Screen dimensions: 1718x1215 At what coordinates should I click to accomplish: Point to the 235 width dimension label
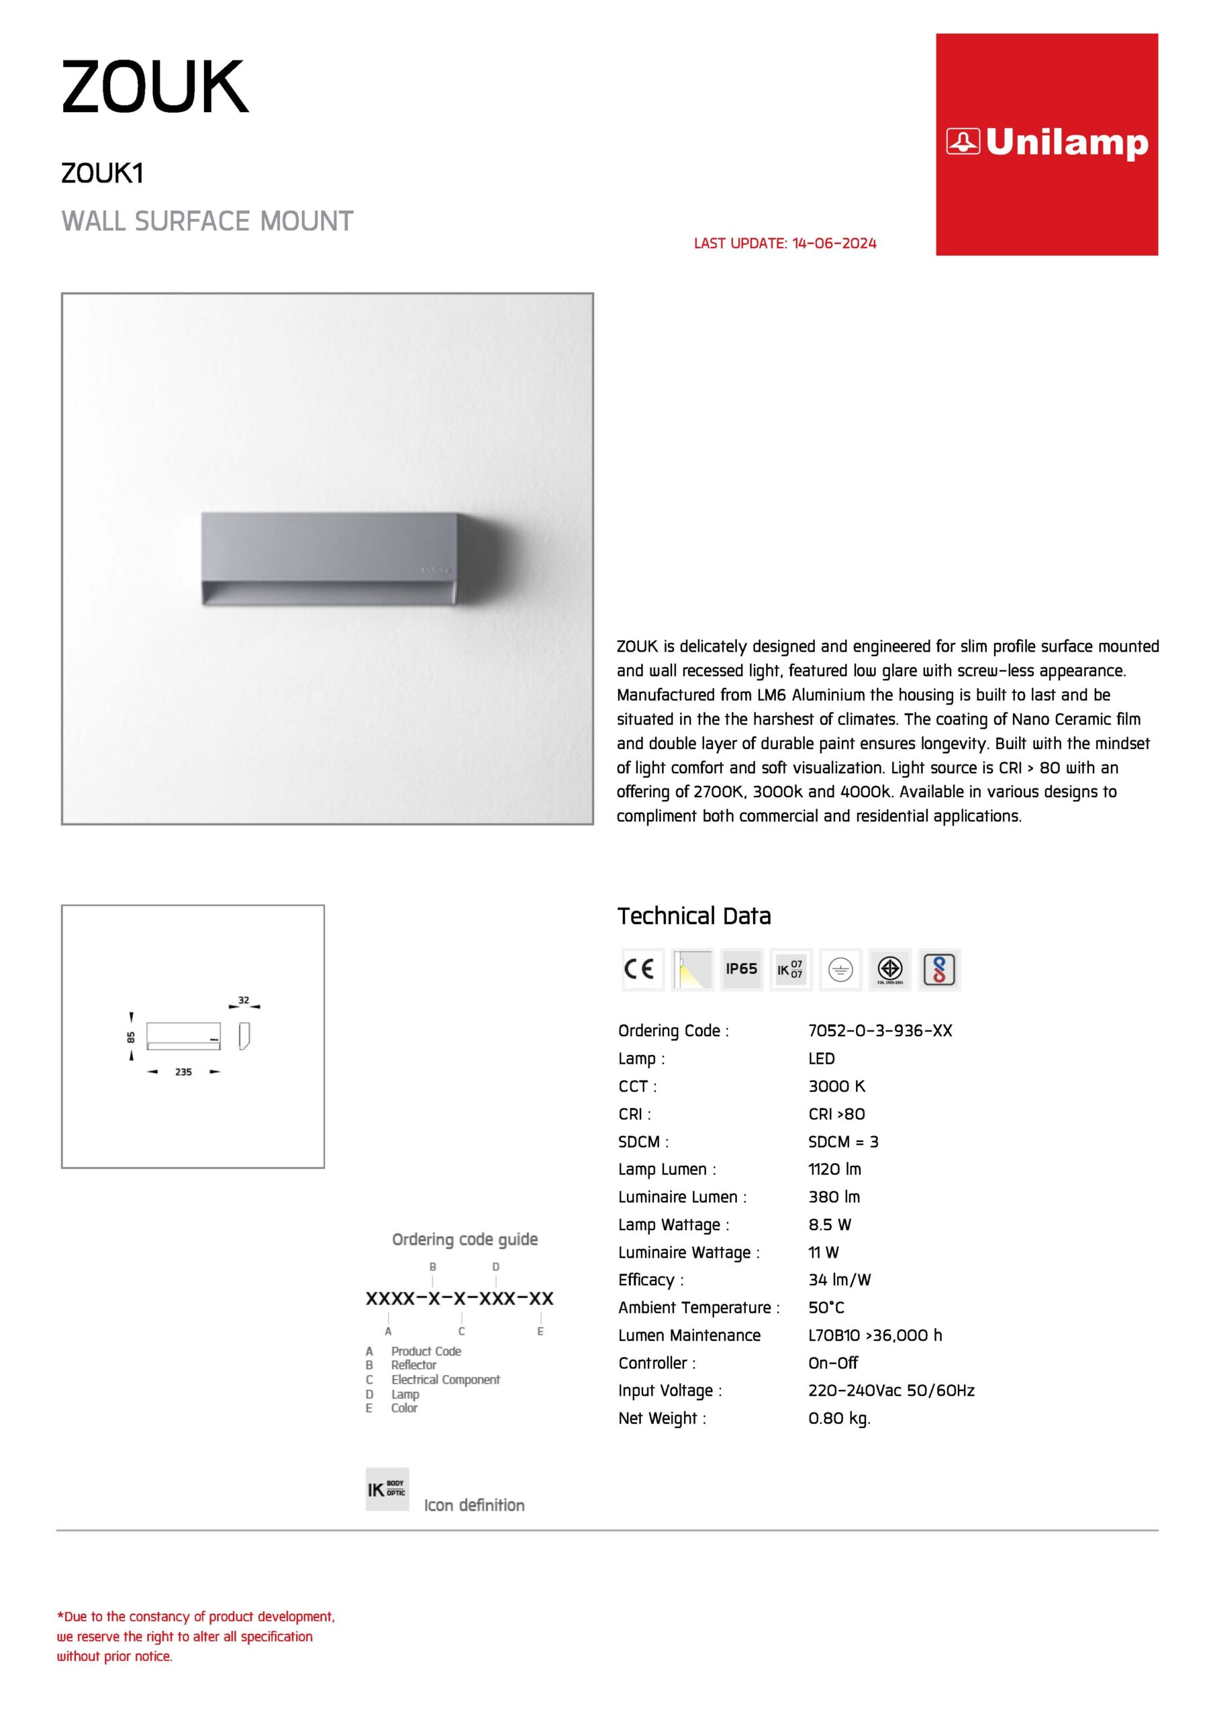pos(183,1072)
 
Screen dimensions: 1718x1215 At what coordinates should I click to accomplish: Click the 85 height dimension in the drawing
pos(131,1037)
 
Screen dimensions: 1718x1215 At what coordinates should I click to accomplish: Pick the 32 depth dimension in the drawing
pos(243,1000)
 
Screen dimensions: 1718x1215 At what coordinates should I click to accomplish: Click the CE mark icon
pos(642,969)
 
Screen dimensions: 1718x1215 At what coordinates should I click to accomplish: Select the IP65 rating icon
pos(741,969)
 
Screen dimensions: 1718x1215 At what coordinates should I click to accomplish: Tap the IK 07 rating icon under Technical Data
pos(791,969)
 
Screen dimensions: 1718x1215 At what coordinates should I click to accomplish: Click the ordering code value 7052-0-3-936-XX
pos(879,1030)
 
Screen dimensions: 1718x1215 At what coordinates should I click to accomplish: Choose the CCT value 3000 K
pos(836,1086)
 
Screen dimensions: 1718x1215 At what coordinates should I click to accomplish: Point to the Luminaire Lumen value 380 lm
pos(834,1197)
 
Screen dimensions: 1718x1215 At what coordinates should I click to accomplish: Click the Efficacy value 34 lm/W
pos(839,1280)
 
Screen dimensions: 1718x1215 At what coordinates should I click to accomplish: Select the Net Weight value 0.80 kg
pos(839,1418)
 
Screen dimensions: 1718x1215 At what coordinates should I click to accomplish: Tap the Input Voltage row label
pos(670,1391)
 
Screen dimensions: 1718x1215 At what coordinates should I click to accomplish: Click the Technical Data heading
pos(694,916)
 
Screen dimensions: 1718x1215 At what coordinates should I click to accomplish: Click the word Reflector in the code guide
pos(414,1365)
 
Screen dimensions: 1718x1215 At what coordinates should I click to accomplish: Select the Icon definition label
pos(474,1505)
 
